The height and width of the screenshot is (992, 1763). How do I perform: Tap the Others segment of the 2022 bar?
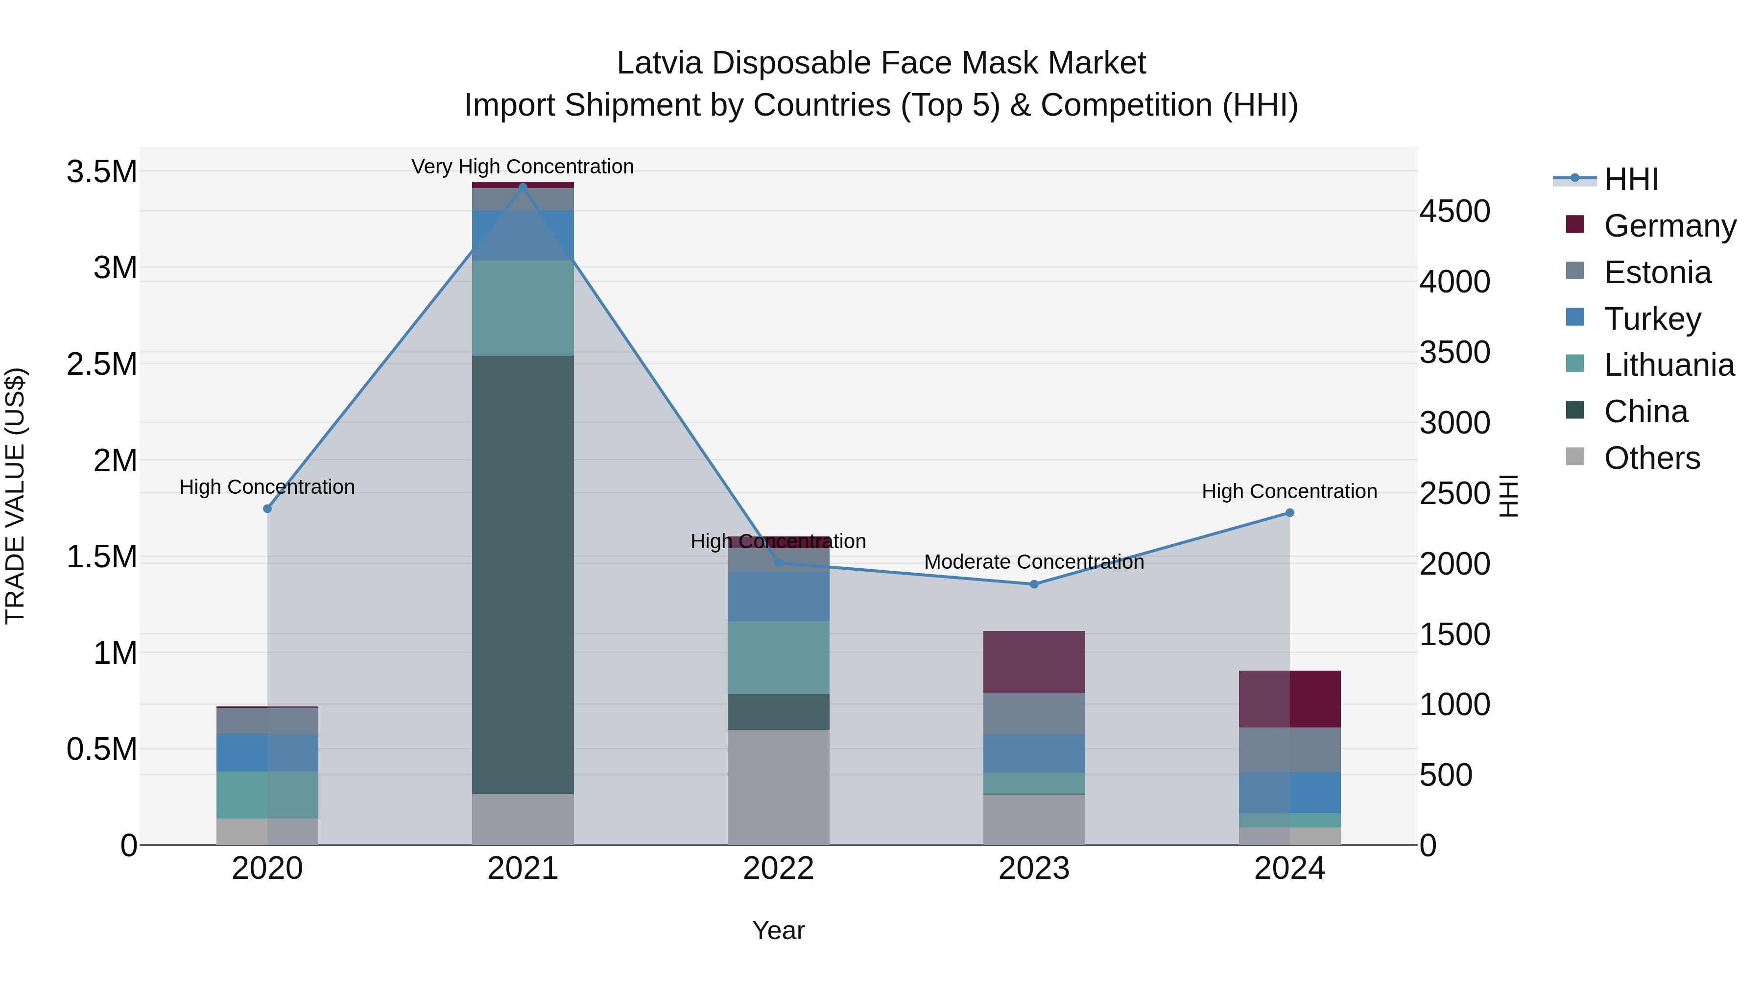tap(778, 787)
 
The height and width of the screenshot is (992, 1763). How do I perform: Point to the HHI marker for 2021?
tap(523, 187)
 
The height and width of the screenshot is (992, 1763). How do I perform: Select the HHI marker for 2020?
tap(267, 508)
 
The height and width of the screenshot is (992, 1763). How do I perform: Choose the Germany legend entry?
tap(1669, 225)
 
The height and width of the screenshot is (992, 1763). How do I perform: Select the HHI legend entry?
tap(1630, 179)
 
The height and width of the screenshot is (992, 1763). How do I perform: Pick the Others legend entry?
tap(1651, 458)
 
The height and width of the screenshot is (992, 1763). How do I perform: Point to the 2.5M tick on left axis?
tap(101, 364)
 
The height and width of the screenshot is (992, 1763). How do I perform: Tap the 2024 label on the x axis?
tap(1289, 869)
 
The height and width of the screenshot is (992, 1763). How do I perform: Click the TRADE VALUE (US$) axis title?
tap(15, 496)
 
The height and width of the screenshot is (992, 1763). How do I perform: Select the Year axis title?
tap(778, 930)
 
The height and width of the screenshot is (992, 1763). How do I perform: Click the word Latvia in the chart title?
tap(659, 63)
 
